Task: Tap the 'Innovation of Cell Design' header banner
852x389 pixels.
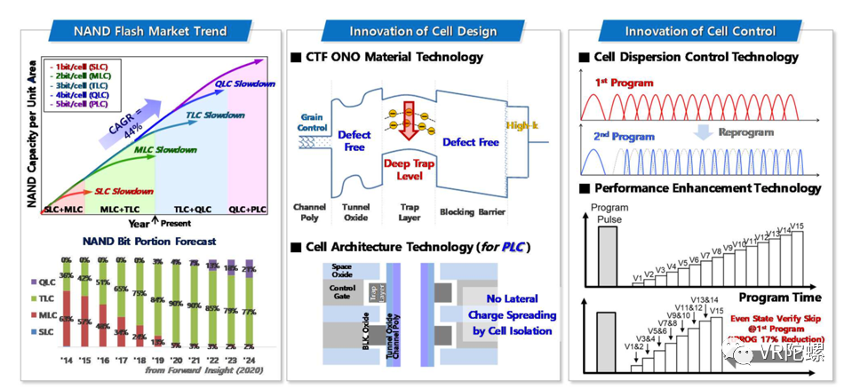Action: tap(422, 31)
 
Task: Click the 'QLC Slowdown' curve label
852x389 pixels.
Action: tap(245, 83)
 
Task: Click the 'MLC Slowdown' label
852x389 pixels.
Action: tap(165, 149)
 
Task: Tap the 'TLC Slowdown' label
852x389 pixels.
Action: tap(215, 115)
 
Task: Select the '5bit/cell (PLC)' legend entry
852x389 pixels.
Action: tap(81, 104)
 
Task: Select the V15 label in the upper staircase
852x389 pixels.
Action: tap(795, 226)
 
